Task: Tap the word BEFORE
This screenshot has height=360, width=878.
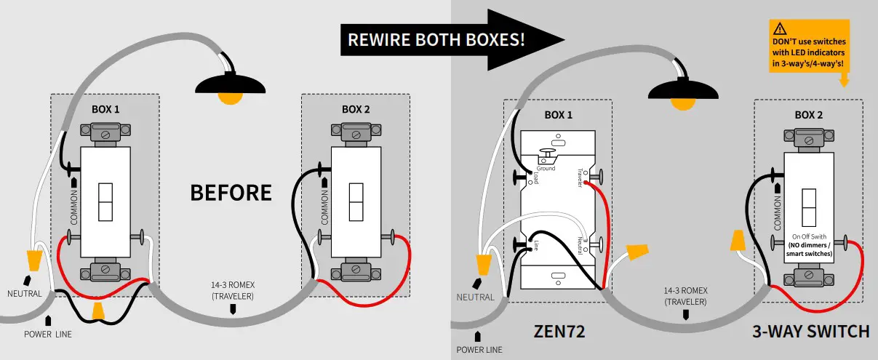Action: point(231,193)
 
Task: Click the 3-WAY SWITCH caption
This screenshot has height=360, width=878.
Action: point(811,332)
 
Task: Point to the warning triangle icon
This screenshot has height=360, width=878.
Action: point(781,29)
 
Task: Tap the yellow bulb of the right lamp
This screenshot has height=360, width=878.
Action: point(681,103)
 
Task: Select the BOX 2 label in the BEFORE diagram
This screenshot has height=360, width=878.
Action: point(356,110)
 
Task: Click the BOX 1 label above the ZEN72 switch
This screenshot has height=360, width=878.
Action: point(559,115)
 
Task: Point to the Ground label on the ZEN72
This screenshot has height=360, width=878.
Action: point(546,169)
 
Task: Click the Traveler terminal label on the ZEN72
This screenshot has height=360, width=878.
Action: point(580,178)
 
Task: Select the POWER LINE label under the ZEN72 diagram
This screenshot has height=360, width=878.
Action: point(480,350)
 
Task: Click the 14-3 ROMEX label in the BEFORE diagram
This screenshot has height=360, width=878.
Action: point(234,289)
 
